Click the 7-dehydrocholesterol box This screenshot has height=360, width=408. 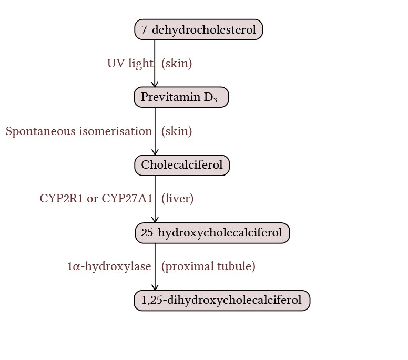(x=198, y=29)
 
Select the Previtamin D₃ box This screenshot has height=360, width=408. (x=181, y=97)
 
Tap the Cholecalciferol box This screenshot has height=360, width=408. (x=182, y=165)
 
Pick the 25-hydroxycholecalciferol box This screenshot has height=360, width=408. (x=212, y=233)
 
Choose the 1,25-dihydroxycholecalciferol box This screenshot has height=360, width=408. (x=221, y=301)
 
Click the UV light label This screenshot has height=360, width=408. (x=130, y=64)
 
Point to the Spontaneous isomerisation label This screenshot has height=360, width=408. (x=78, y=131)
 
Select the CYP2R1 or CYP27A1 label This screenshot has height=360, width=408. (x=96, y=199)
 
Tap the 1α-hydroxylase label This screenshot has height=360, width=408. (x=109, y=266)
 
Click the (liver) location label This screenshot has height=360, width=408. (x=177, y=199)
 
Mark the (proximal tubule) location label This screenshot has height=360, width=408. (x=208, y=266)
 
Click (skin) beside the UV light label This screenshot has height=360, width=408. (x=177, y=64)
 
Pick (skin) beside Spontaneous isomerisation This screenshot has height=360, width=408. (x=177, y=131)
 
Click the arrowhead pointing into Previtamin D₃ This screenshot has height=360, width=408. (x=155, y=84)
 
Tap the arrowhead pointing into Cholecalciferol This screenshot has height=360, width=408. (x=155, y=152)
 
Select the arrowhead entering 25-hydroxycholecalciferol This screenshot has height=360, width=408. (x=155, y=220)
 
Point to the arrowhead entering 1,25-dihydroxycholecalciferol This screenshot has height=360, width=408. (x=155, y=287)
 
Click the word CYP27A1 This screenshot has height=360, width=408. (x=127, y=199)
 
